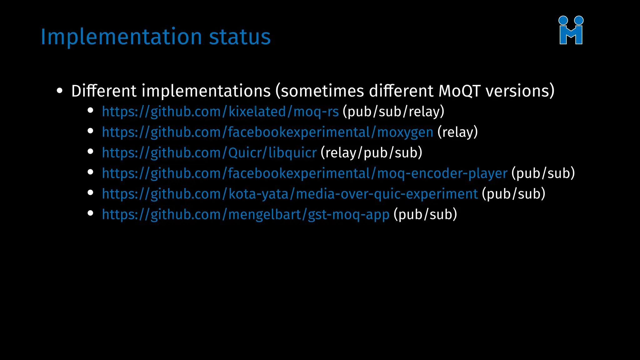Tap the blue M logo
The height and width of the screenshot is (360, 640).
coord(571,30)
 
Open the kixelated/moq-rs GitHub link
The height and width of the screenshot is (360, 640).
coord(220,112)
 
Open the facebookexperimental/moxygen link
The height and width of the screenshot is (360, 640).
coord(267,132)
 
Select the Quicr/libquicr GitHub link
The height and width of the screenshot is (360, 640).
coord(209,153)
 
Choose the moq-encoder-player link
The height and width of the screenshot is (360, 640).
coord(304,173)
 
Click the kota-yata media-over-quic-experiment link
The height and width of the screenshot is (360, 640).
coord(290,194)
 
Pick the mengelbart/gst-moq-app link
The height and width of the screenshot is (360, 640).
coord(246,215)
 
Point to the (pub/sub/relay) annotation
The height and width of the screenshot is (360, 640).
coord(393,112)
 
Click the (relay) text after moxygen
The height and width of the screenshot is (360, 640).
coord(457,132)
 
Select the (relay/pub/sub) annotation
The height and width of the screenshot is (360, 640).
coord(371,153)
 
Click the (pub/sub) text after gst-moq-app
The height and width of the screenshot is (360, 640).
coord(425,215)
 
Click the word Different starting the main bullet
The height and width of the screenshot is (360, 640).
coord(104,91)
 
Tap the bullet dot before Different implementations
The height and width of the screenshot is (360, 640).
coord(60,91)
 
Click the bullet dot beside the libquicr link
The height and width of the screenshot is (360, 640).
coord(91,152)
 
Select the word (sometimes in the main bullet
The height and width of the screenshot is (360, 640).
coord(320,91)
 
